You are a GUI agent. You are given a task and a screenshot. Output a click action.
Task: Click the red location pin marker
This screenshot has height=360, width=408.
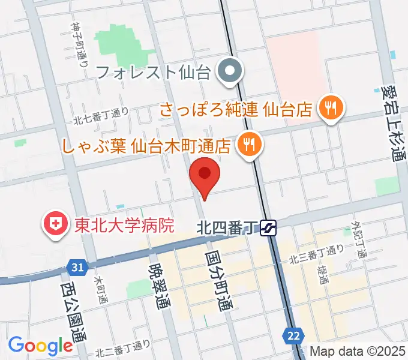pyautogui.click(x=205, y=175)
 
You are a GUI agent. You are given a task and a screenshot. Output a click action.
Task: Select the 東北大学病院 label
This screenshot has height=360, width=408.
pyautogui.click(x=124, y=225)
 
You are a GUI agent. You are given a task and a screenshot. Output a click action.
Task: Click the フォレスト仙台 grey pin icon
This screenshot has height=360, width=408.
pyautogui.click(x=229, y=73)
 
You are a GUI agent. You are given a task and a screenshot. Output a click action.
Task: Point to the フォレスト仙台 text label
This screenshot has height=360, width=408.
pyautogui.click(x=152, y=73)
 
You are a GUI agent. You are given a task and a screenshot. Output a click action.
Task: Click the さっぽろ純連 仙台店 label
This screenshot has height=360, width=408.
pyautogui.click(x=235, y=109)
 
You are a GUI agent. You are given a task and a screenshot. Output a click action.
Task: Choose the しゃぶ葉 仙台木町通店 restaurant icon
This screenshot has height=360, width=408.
pyautogui.click(x=248, y=143)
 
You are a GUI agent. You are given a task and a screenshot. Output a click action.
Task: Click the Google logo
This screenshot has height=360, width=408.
pyautogui.click(x=40, y=345)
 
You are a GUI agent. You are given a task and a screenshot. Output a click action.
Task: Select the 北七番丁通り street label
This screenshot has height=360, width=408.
pyautogui.click(x=101, y=115)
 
